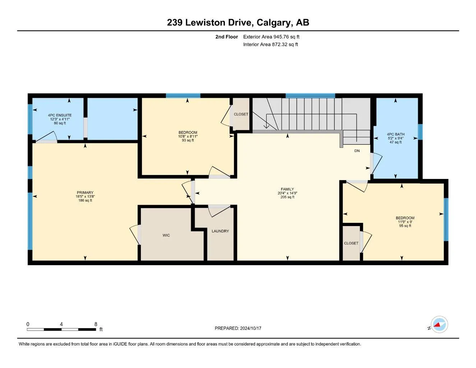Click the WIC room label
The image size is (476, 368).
(166, 235)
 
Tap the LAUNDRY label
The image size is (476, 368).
(220, 231)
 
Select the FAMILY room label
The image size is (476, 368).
(287, 189)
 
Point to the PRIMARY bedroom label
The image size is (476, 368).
(85, 193)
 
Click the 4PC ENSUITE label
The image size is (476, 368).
(60, 115)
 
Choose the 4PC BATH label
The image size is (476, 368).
(396, 134)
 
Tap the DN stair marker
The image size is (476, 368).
(357, 151)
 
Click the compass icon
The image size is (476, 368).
(439, 325)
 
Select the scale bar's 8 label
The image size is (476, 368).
(96, 324)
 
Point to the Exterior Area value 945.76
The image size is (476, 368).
(281, 37)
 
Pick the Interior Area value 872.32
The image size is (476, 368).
(280, 45)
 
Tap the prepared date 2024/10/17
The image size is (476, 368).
(251, 328)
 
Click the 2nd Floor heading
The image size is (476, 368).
(226, 37)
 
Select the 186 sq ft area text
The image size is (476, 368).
(85, 201)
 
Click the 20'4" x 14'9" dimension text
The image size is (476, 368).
(287, 193)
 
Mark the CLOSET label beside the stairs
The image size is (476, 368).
(241, 114)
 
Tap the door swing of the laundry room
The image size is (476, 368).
(219, 211)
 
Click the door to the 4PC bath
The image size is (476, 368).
(376, 163)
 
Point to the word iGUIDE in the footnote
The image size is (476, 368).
(120, 344)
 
